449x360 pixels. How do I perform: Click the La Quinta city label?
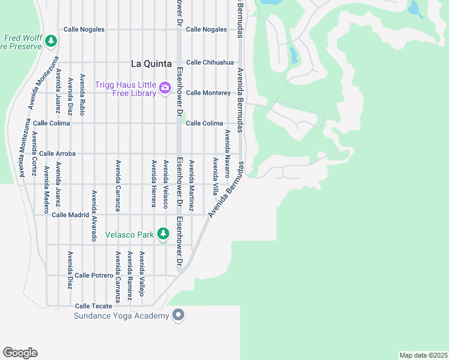click(151, 63)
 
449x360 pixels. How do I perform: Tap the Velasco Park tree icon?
click(163, 235)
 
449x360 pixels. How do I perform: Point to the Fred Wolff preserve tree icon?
click(52, 41)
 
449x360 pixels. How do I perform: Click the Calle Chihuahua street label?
click(209, 62)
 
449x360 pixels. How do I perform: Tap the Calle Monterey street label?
click(208, 93)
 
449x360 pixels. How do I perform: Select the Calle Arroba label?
click(58, 154)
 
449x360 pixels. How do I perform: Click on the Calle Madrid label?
click(70, 215)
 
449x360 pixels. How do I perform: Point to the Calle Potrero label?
click(94, 275)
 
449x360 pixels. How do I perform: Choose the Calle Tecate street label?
click(93, 306)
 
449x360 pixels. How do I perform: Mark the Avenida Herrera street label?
click(154, 184)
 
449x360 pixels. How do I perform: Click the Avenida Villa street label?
click(215, 177)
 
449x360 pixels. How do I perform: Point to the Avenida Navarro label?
click(228, 154)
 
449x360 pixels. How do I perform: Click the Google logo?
click(20, 352)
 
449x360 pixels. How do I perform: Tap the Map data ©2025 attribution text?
click(423, 355)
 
